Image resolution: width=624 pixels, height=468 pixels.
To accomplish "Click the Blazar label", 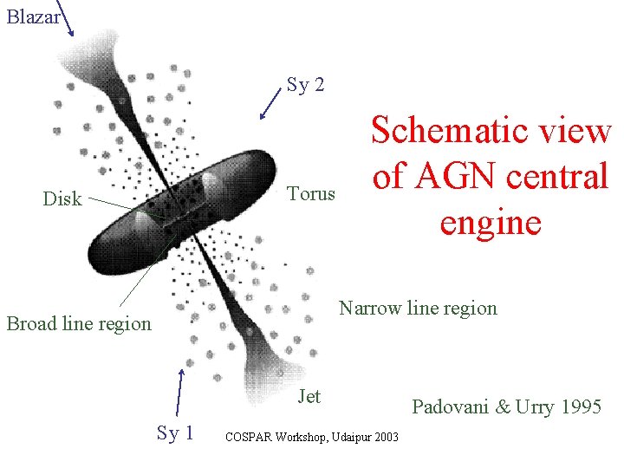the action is pyautogui.click(x=32, y=16).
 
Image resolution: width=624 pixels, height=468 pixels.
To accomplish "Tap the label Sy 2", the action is pyautogui.click(x=306, y=85).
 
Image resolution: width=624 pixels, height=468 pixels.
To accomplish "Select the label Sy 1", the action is pyautogui.click(x=175, y=432).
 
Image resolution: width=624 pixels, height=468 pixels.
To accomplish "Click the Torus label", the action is pyautogui.click(x=310, y=192).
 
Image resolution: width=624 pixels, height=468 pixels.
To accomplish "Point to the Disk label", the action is pyautogui.click(x=62, y=198).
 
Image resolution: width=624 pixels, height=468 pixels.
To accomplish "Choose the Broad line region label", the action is pyautogui.click(x=79, y=323).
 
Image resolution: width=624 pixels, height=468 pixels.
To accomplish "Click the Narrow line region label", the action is pyautogui.click(x=418, y=308).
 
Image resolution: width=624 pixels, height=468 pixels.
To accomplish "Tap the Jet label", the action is pyautogui.click(x=309, y=396).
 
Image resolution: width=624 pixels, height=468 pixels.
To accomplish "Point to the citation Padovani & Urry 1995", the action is pyautogui.click(x=506, y=406).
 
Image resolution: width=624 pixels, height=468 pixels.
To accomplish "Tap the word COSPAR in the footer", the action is pyautogui.click(x=248, y=437).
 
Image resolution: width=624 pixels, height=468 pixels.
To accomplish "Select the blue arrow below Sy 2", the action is pyautogui.click(x=270, y=107).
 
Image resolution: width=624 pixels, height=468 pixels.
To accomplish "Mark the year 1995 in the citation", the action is pyautogui.click(x=579, y=406).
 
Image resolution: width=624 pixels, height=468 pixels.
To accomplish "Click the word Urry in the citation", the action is pyautogui.click(x=534, y=406).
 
